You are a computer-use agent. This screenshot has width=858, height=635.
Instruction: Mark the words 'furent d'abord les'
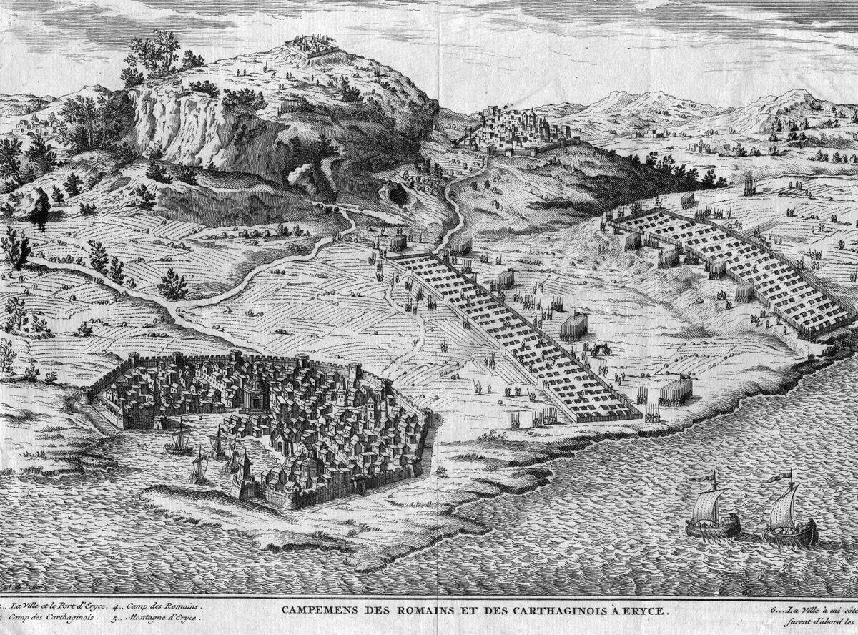pos(822,622)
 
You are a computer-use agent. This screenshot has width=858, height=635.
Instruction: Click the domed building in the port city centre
pos(251,390)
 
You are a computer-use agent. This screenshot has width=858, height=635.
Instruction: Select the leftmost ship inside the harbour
pos(179,440)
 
